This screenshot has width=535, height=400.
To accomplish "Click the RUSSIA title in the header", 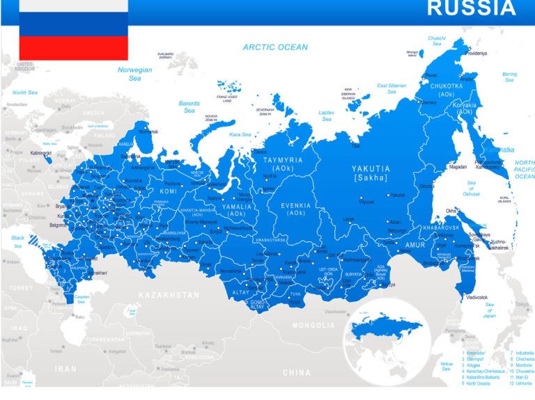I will [471, 9].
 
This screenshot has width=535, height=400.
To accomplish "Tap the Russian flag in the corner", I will [73, 30].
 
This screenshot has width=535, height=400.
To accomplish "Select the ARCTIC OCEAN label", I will [274, 47].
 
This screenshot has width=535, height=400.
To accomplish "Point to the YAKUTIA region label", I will [371, 169].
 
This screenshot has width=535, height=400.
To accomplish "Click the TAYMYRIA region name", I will [283, 161].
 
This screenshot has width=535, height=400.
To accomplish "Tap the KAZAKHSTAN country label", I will [169, 295].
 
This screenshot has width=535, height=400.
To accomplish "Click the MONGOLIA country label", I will [313, 326].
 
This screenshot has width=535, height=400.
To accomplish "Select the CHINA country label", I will [296, 372].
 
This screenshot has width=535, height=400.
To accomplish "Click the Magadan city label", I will [458, 167].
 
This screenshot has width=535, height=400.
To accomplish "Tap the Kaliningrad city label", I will [41, 152].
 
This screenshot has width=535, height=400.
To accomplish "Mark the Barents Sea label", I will [189, 107].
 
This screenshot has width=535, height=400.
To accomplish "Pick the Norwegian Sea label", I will [134, 74].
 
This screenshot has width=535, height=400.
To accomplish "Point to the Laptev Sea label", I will [326, 115].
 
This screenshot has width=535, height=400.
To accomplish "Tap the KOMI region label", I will [169, 191].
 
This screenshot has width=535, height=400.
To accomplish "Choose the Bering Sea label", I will [510, 77].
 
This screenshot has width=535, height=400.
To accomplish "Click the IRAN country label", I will [66, 369].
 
